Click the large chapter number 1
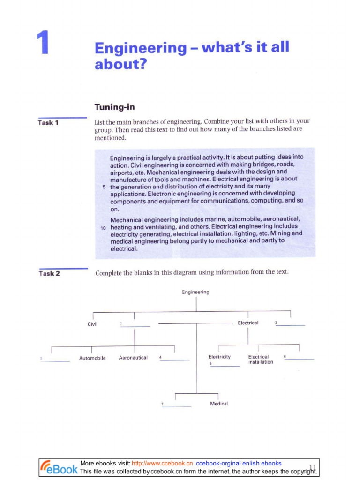(x=43, y=43)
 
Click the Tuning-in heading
(x=114, y=107)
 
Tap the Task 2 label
(x=49, y=274)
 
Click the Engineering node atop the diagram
(x=195, y=292)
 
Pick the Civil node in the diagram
(x=92, y=324)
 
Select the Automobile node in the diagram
(x=92, y=358)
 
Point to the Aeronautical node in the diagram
(x=133, y=358)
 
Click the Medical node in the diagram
(x=219, y=404)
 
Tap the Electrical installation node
(x=260, y=360)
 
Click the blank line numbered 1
(x=135, y=326)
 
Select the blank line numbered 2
(x=290, y=325)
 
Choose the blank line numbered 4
(x=175, y=360)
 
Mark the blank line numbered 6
(x=299, y=359)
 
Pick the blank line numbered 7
(x=177, y=406)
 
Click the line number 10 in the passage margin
(x=103, y=227)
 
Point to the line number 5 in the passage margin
(x=104, y=187)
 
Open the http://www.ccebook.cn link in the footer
(x=162, y=463)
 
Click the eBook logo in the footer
(x=59, y=467)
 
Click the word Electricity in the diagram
(x=219, y=357)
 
